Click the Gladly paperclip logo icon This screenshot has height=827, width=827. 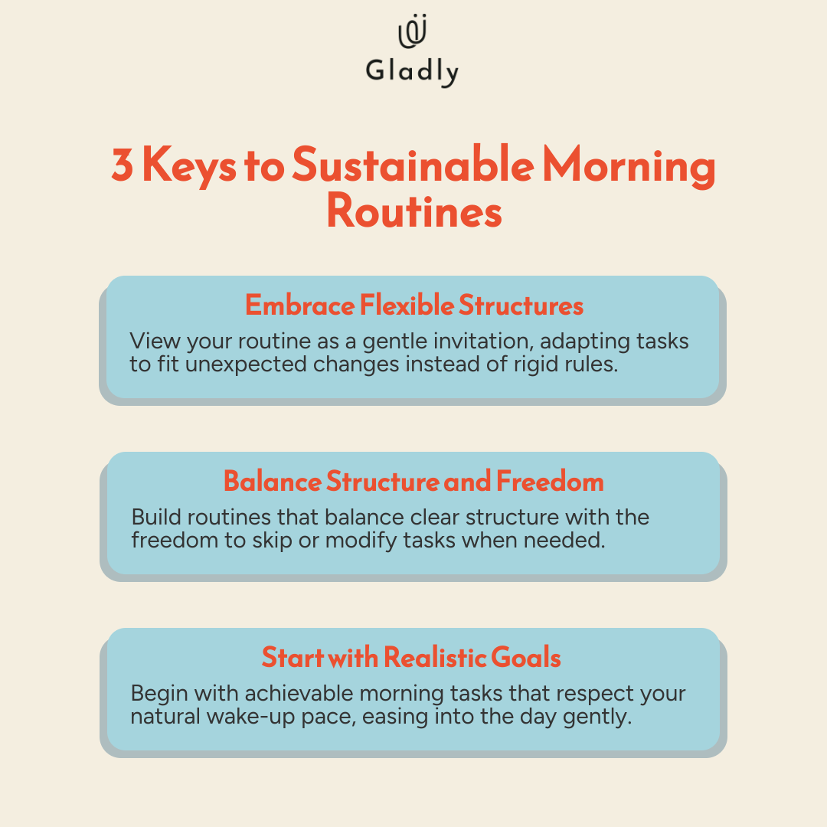click(x=413, y=31)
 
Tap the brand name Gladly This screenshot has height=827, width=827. click(x=413, y=71)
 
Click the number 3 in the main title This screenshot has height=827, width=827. click(x=122, y=165)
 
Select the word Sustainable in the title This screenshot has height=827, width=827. click(x=413, y=164)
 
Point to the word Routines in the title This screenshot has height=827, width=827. click(x=414, y=211)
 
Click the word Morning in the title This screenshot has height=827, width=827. click(x=629, y=167)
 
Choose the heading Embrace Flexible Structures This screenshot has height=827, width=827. click(x=414, y=306)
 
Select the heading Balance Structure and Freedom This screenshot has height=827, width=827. click(x=413, y=482)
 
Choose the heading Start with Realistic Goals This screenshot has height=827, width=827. click(x=411, y=658)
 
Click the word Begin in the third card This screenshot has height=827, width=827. click(x=159, y=695)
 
